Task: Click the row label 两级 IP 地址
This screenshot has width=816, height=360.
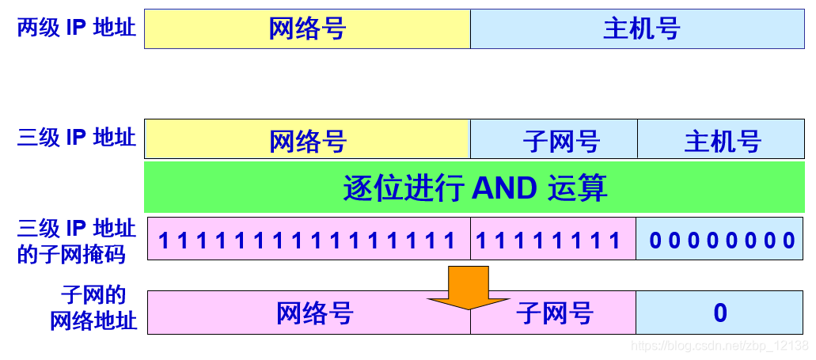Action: pos(77,28)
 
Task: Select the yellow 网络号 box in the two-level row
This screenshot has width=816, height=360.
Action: pos(307,29)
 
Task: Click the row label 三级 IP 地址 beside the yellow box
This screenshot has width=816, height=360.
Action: pos(77,137)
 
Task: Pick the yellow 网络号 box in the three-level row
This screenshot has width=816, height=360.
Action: pos(307,141)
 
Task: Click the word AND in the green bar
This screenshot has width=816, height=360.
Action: pos(504,188)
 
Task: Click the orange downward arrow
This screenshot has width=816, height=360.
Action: pos(469,287)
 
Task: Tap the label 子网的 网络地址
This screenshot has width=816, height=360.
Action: pos(93,309)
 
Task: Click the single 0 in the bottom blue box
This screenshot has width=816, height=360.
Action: pos(720,313)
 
